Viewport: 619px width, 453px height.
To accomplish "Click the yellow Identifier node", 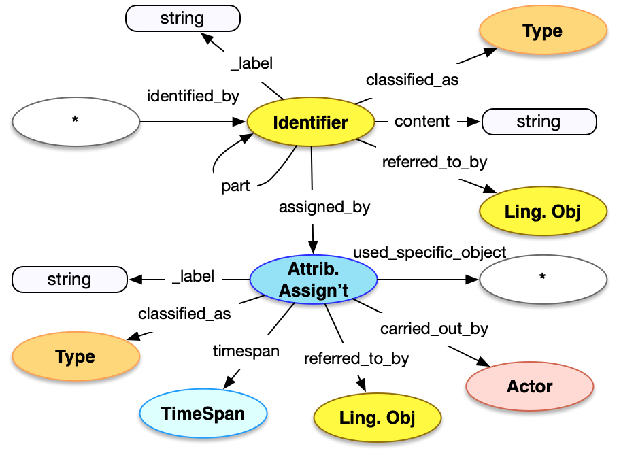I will (x=310, y=122).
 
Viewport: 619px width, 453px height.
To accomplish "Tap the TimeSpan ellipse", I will (x=203, y=413).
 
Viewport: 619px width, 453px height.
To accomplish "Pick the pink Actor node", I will (x=529, y=386).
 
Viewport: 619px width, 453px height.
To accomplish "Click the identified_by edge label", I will (x=193, y=96).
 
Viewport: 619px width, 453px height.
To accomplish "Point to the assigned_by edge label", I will (x=324, y=207).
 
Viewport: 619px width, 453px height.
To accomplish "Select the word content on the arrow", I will (x=422, y=121).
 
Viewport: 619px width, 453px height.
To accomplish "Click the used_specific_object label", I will (x=429, y=252).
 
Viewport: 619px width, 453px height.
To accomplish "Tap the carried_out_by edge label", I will (x=434, y=329).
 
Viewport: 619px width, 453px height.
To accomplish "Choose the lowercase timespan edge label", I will (x=246, y=350).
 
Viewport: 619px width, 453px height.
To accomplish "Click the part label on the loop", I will (x=235, y=186).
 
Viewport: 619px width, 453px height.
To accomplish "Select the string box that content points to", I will (x=539, y=122).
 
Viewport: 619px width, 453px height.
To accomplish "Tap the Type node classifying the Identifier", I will (x=542, y=31).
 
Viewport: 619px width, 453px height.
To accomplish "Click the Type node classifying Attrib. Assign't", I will (x=76, y=356).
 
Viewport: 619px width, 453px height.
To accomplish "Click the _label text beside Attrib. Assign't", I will (x=193, y=276).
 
